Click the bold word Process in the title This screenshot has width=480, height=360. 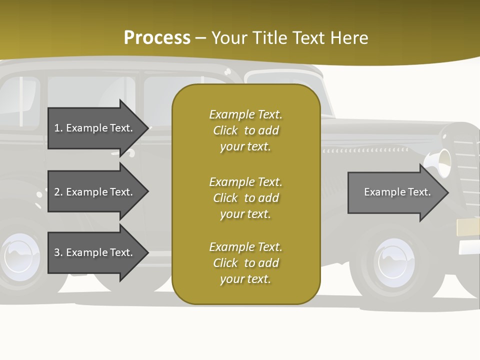157,38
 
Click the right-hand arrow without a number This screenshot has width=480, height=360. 395,192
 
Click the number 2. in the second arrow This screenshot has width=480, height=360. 58,192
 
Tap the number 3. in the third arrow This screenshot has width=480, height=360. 58,252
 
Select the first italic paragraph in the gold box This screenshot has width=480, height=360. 245,130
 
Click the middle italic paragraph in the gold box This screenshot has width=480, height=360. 245,198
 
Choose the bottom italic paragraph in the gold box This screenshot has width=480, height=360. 245,263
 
